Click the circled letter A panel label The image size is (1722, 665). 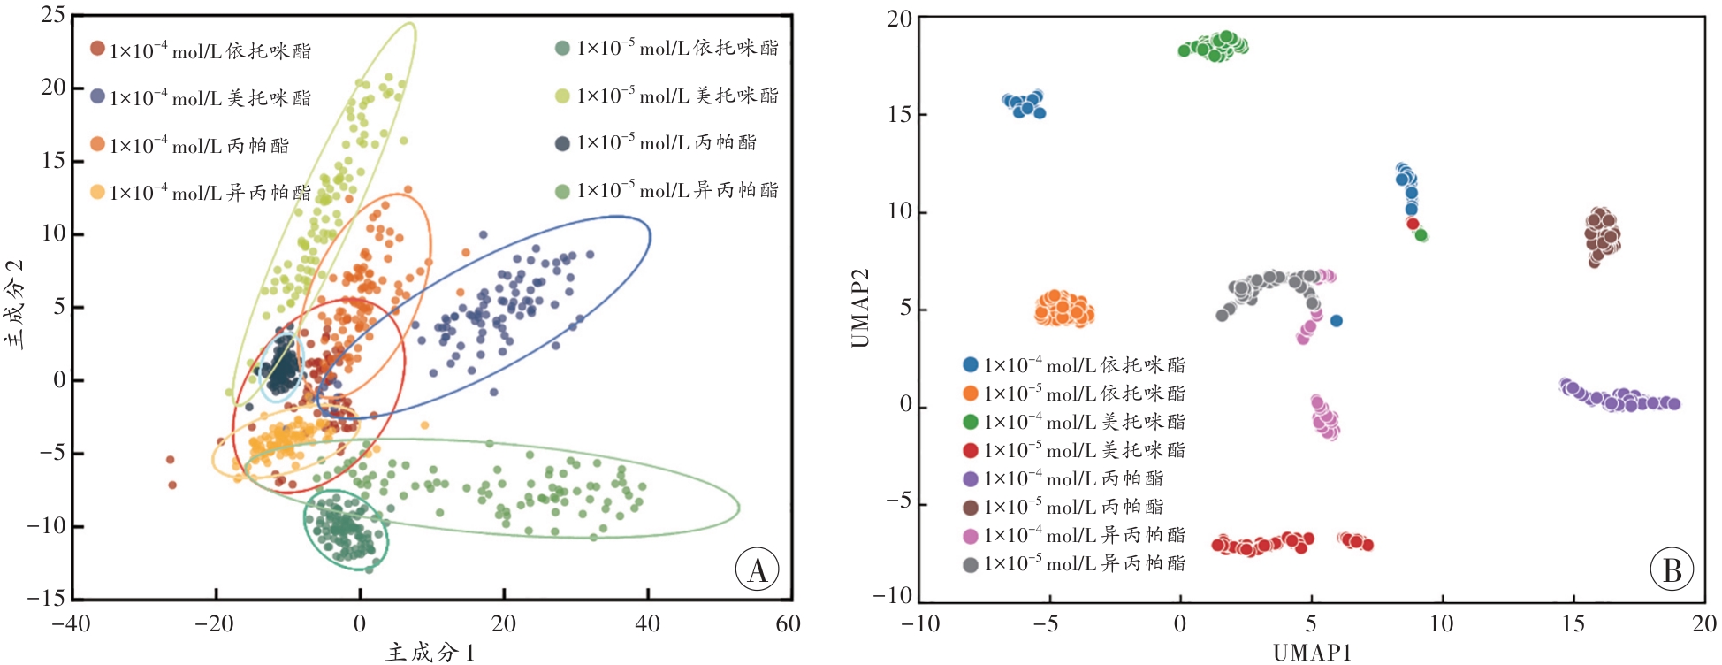(758, 570)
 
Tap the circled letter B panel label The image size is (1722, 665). (1672, 570)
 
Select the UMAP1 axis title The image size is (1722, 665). (1312, 653)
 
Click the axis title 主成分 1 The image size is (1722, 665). (430, 653)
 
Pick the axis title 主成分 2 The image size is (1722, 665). (15, 304)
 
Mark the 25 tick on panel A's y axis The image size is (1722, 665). (53, 15)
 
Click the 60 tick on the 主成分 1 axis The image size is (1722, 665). (788, 623)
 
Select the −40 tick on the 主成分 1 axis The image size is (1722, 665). (71, 623)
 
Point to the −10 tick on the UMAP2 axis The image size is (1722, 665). (893, 595)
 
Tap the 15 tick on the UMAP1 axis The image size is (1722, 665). (1573, 623)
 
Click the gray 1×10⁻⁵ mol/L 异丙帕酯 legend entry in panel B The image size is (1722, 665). (1074, 563)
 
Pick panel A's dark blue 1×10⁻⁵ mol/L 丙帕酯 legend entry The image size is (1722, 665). (656, 142)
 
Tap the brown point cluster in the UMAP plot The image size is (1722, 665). (1601, 236)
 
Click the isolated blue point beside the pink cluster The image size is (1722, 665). (1337, 321)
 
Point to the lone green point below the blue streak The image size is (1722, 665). (1421, 235)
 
